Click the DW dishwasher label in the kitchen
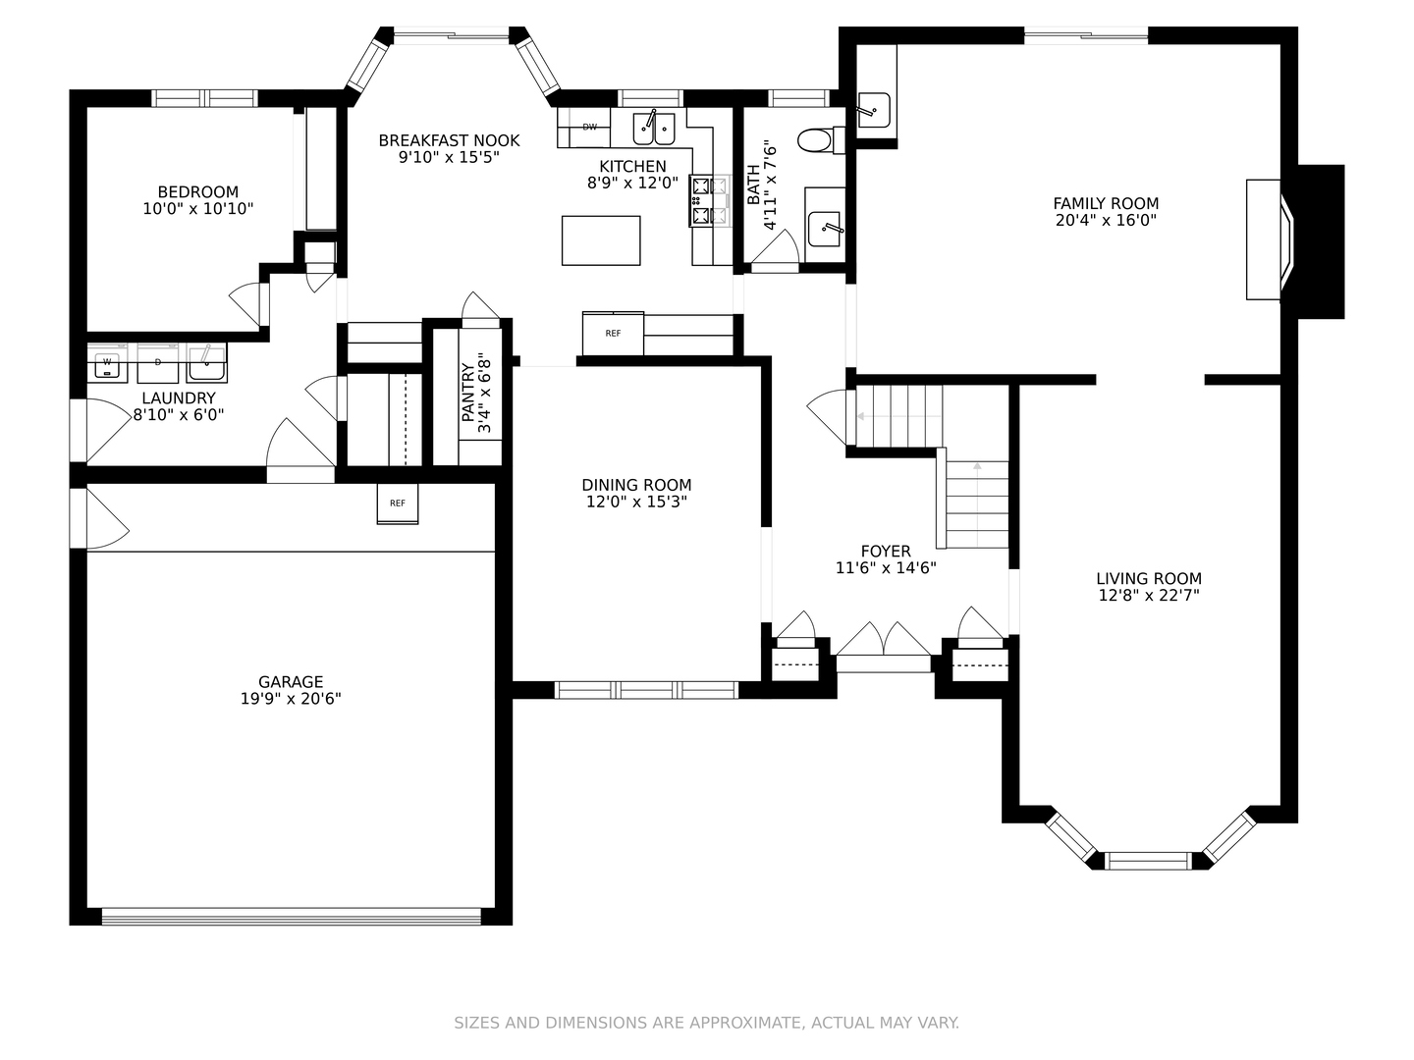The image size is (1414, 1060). tap(589, 127)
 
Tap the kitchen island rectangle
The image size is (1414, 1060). tap(600, 240)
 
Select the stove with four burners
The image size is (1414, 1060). tap(709, 200)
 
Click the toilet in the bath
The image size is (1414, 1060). tap(821, 139)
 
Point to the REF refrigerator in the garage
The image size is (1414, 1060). tap(398, 503)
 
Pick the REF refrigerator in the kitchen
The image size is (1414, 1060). tap(613, 333)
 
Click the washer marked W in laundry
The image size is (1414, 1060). tap(107, 364)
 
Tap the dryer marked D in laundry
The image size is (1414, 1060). tap(158, 363)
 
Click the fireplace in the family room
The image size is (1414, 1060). tap(1270, 239)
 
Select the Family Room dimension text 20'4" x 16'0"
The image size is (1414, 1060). tap(1106, 220)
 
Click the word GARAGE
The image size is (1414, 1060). tap(291, 681)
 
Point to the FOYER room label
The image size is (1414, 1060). tap(886, 551)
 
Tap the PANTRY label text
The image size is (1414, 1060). tap(468, 393)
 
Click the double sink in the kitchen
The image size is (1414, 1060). tap(654, 129)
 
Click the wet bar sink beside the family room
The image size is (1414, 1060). tap(874, 110)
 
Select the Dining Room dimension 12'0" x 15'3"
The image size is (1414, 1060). tap(636, 502)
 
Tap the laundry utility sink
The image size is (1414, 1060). tap(207, 363)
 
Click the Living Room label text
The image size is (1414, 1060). tap(1149, 579)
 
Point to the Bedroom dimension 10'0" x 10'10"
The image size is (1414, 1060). tap(197, 208)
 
